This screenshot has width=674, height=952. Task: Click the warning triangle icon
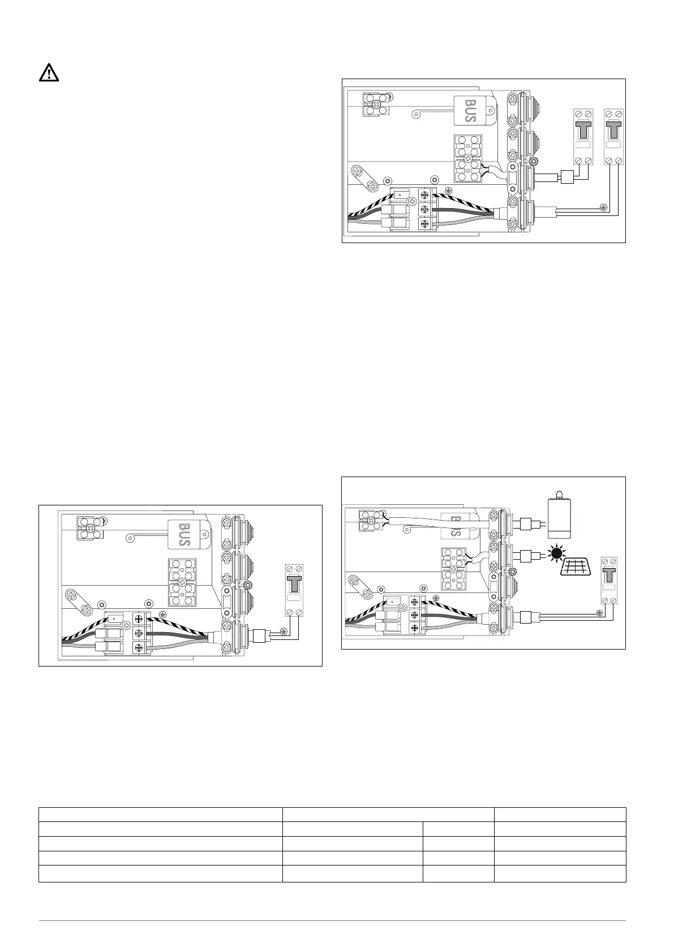pyautogui.click(x=49, y=73)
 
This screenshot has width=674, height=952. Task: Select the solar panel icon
pyautogui.click(x=572, y=566)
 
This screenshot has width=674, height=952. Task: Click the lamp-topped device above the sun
pyautogui.click(x=560, y=517)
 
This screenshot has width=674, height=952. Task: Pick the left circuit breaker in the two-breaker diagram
pyautogui.click(x=583, y=136)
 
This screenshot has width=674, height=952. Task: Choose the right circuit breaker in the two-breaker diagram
pyautogui.click(x=613, y=136)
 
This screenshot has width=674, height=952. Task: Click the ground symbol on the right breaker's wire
pyautogui.click(x=604, y=208)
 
